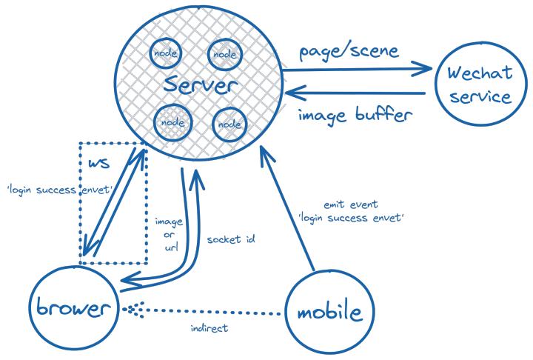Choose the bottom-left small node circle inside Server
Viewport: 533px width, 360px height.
tap(171, 121)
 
